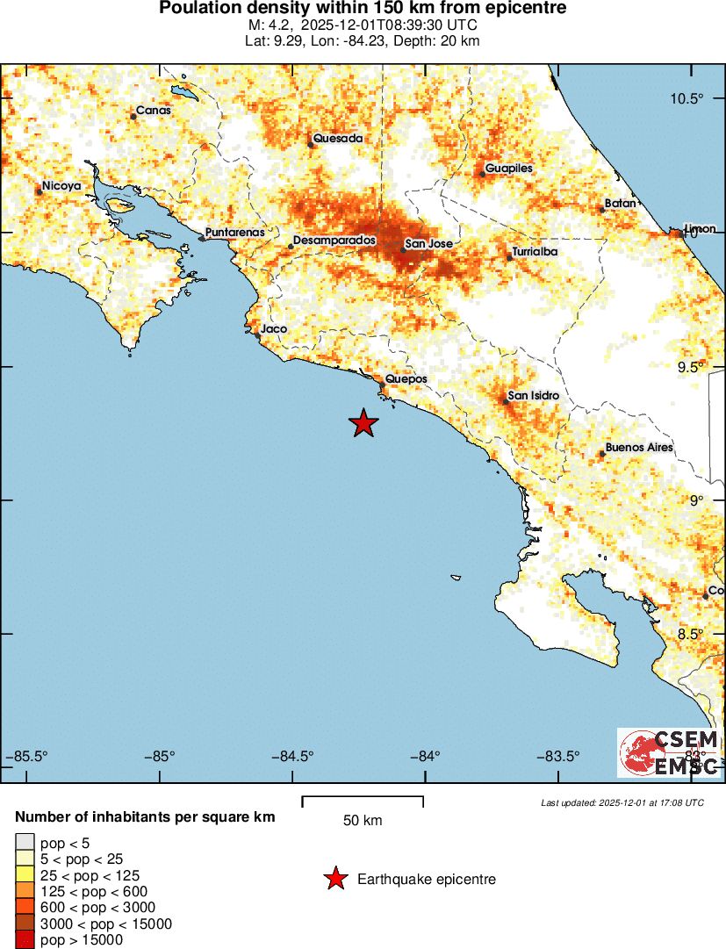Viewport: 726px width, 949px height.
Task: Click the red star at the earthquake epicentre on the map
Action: (363, 423)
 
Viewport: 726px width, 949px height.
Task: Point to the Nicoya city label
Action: (62, 186)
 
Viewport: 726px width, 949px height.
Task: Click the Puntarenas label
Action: (234, 232)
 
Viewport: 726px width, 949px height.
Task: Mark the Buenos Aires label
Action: (639, 447)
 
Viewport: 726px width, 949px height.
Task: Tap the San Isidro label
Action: (533, 396)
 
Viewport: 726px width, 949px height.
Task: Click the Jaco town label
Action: (274, 328)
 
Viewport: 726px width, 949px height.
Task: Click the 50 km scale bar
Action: (363, 801)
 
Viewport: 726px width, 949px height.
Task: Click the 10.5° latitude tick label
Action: (687, 98)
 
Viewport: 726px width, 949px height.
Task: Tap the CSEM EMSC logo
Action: (669, 752)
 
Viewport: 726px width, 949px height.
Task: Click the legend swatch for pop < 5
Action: (25, 842)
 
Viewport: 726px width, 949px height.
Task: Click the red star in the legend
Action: (334, 879)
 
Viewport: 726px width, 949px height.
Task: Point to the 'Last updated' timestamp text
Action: (622, 802)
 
